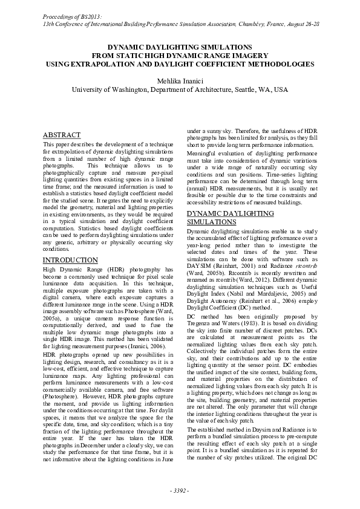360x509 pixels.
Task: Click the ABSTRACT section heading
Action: (x=62, y=134)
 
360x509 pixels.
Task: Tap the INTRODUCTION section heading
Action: (x=71, y=260)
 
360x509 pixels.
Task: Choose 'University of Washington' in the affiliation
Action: (x=109, y=89)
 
